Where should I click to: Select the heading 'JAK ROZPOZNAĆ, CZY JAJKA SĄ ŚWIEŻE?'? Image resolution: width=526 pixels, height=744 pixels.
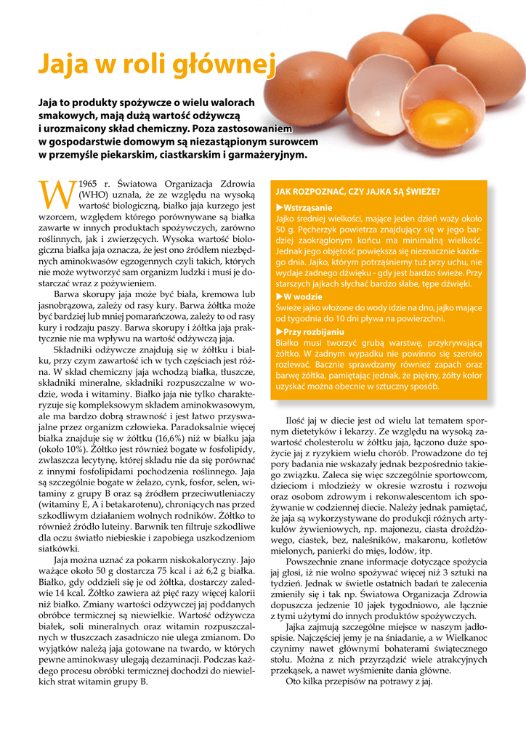(x=357, y=192)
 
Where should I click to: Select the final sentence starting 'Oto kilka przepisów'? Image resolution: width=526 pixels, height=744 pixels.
(x=360, y=681)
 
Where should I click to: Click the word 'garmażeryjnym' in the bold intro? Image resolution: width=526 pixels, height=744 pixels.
(x=267, y=155)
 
